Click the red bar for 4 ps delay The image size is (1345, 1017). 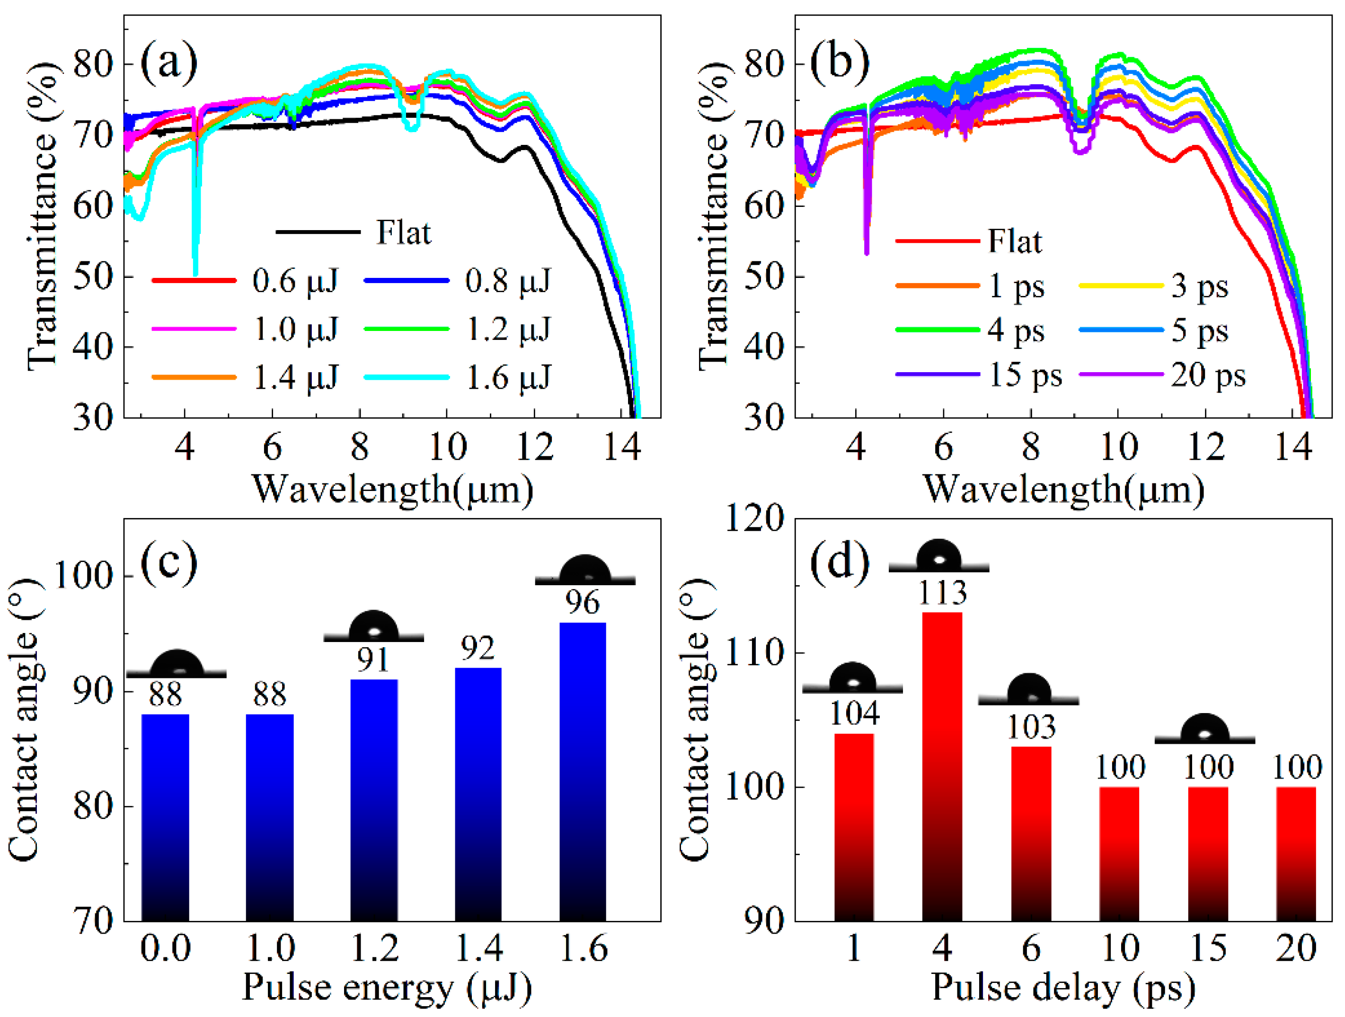942,767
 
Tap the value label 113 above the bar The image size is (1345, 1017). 942,592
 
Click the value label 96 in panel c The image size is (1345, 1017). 583,602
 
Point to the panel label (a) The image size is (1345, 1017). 168,62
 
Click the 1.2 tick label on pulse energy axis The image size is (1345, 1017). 374,948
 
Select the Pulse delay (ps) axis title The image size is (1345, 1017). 1063,988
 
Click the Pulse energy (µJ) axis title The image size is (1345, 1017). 387,988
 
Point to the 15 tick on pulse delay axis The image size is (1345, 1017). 1208,948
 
